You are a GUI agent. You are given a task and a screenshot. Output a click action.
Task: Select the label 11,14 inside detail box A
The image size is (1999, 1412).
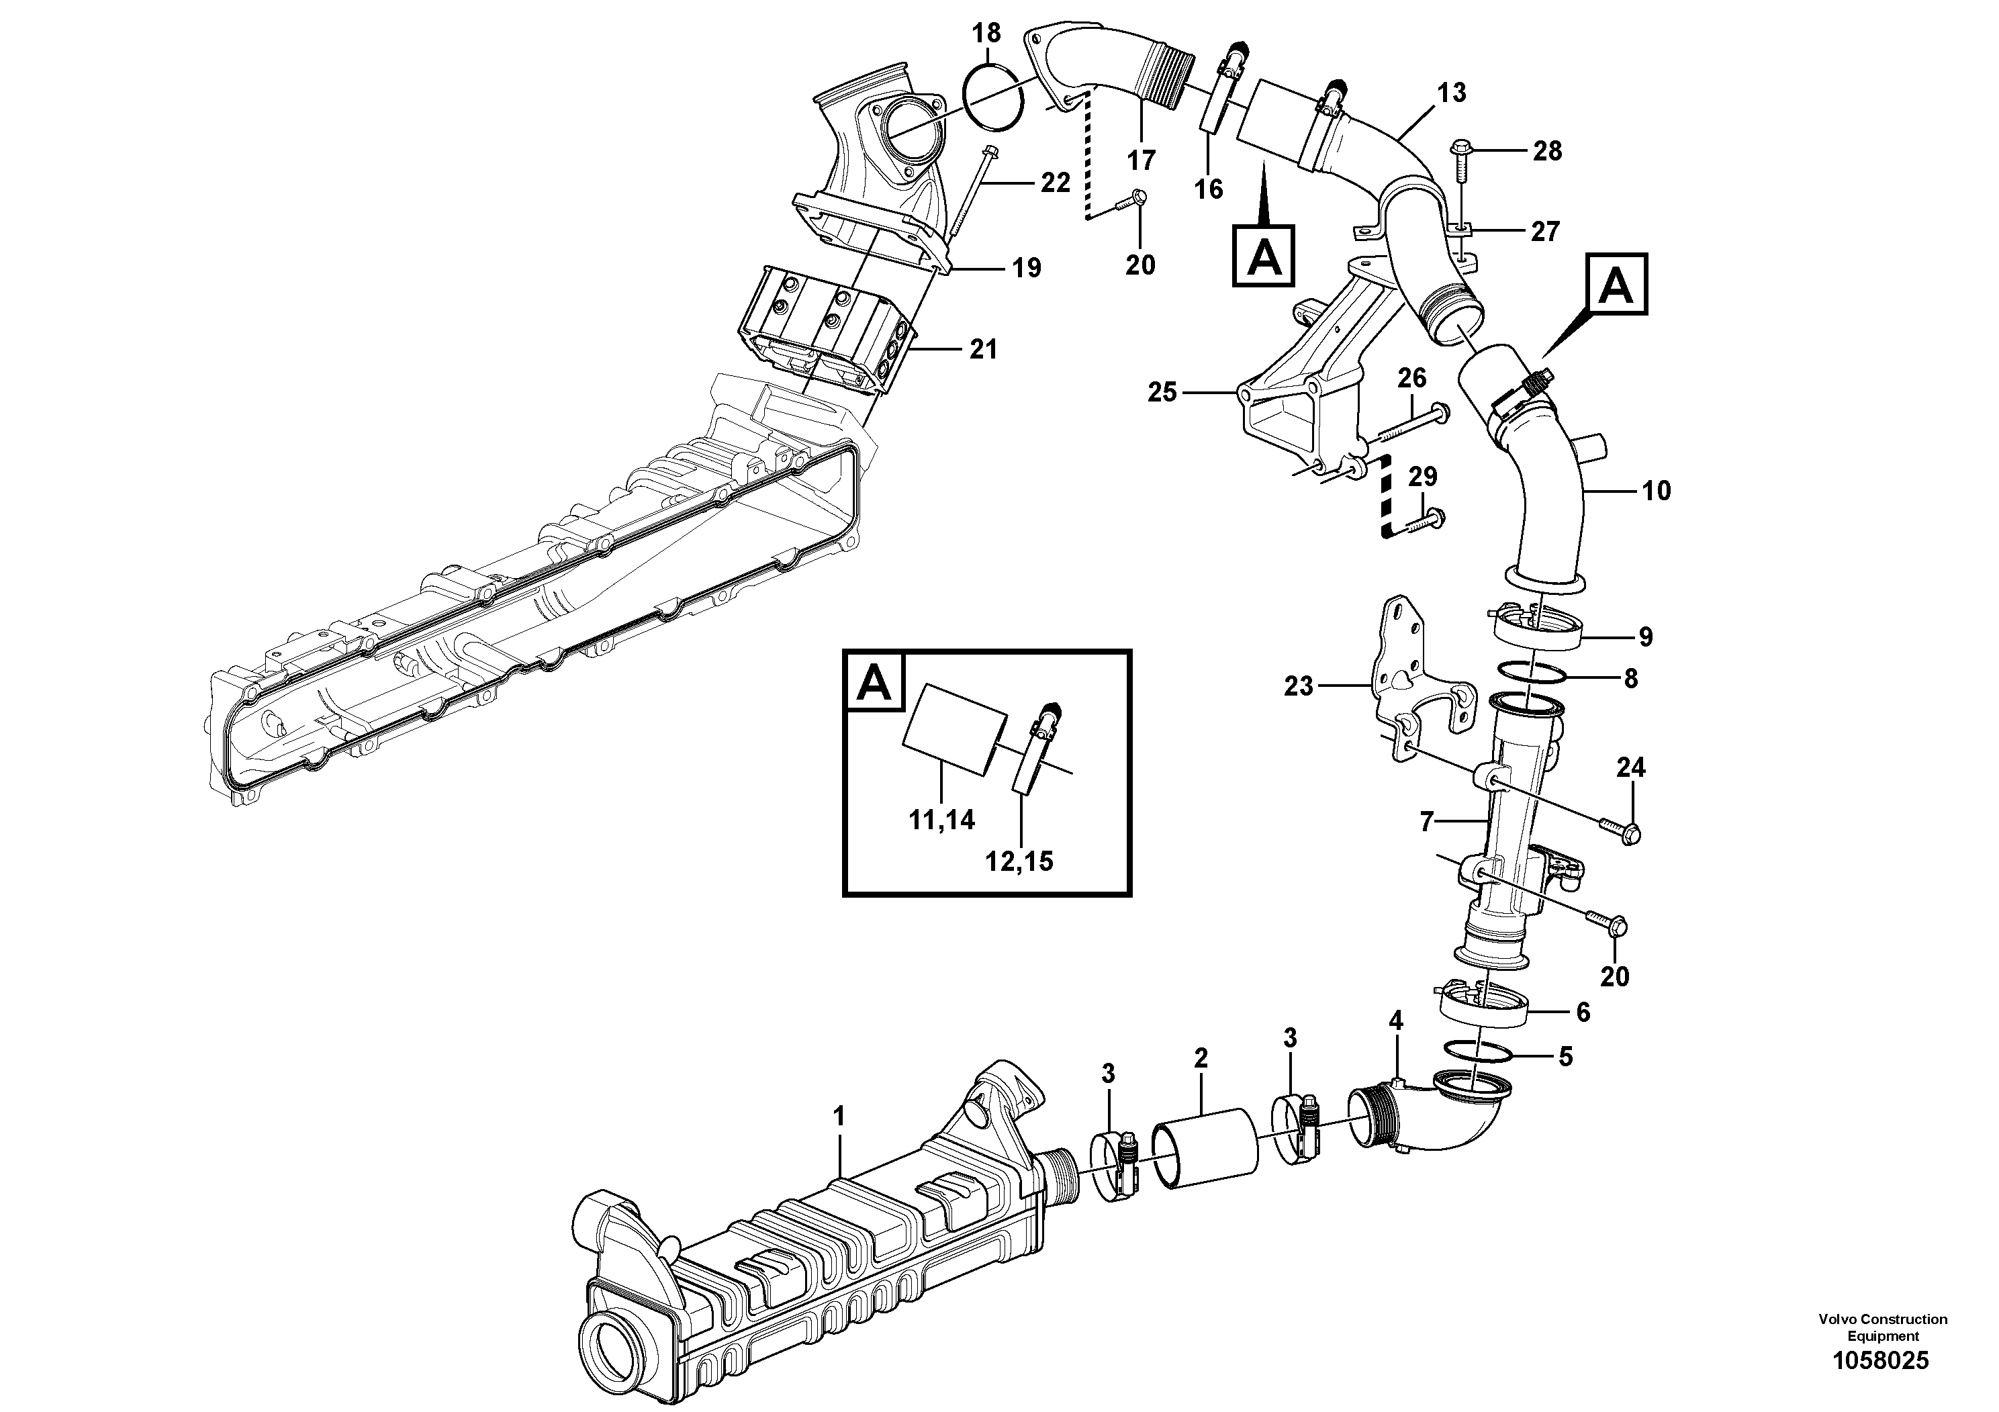(943, 819)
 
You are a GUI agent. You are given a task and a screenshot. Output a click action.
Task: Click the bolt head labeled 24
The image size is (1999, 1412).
(1632, 834)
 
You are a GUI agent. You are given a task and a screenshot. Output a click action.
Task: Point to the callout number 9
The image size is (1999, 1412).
(1646, 637)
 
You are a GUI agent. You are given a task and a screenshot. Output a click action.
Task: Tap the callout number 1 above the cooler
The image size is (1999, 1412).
(839, 1115)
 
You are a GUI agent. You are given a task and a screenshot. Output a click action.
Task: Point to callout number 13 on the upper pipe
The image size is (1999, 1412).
(1451, 91)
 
